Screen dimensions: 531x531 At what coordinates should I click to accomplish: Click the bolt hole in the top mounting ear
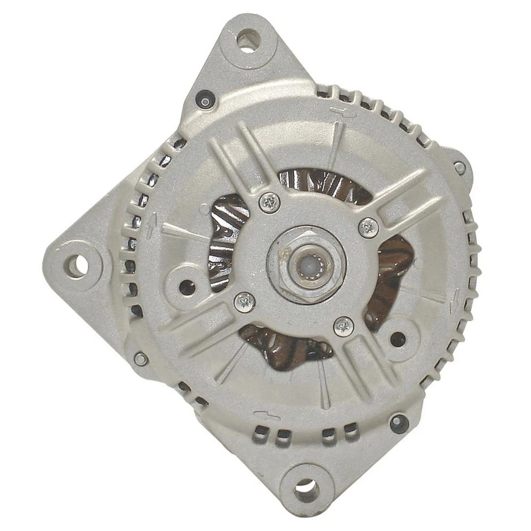(247, 40)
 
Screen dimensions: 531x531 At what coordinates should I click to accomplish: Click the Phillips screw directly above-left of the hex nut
(269, 202)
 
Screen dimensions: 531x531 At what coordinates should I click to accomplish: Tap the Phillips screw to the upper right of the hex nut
(368, 227)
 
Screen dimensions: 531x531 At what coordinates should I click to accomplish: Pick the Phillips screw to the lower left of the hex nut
(244, 302)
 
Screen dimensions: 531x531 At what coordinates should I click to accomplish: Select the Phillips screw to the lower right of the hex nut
(343, 326)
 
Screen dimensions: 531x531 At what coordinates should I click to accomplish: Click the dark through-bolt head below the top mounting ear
(205, 100)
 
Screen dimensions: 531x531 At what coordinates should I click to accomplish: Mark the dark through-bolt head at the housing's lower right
(399, 423)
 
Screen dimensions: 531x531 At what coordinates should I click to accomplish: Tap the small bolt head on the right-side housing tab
(459, 168)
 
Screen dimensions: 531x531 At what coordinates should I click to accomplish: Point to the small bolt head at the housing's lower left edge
(141, 358)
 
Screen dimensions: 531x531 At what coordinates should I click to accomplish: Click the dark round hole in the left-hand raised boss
(187, 287)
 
